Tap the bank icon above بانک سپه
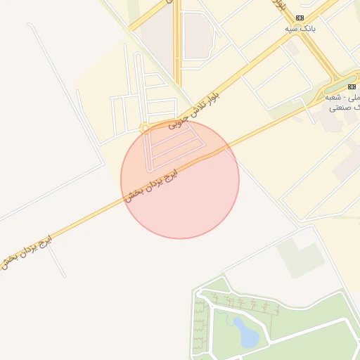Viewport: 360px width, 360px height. (x=300, y=18)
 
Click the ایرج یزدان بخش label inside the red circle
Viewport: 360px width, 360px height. (x=151, y=185)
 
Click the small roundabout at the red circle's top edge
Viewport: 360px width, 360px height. (x=145, y=129)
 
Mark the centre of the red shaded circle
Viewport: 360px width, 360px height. (x=180, y=179)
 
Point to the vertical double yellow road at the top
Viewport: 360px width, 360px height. (x=177, y=42)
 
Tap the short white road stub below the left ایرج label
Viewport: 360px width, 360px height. (x=56, y=261)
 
